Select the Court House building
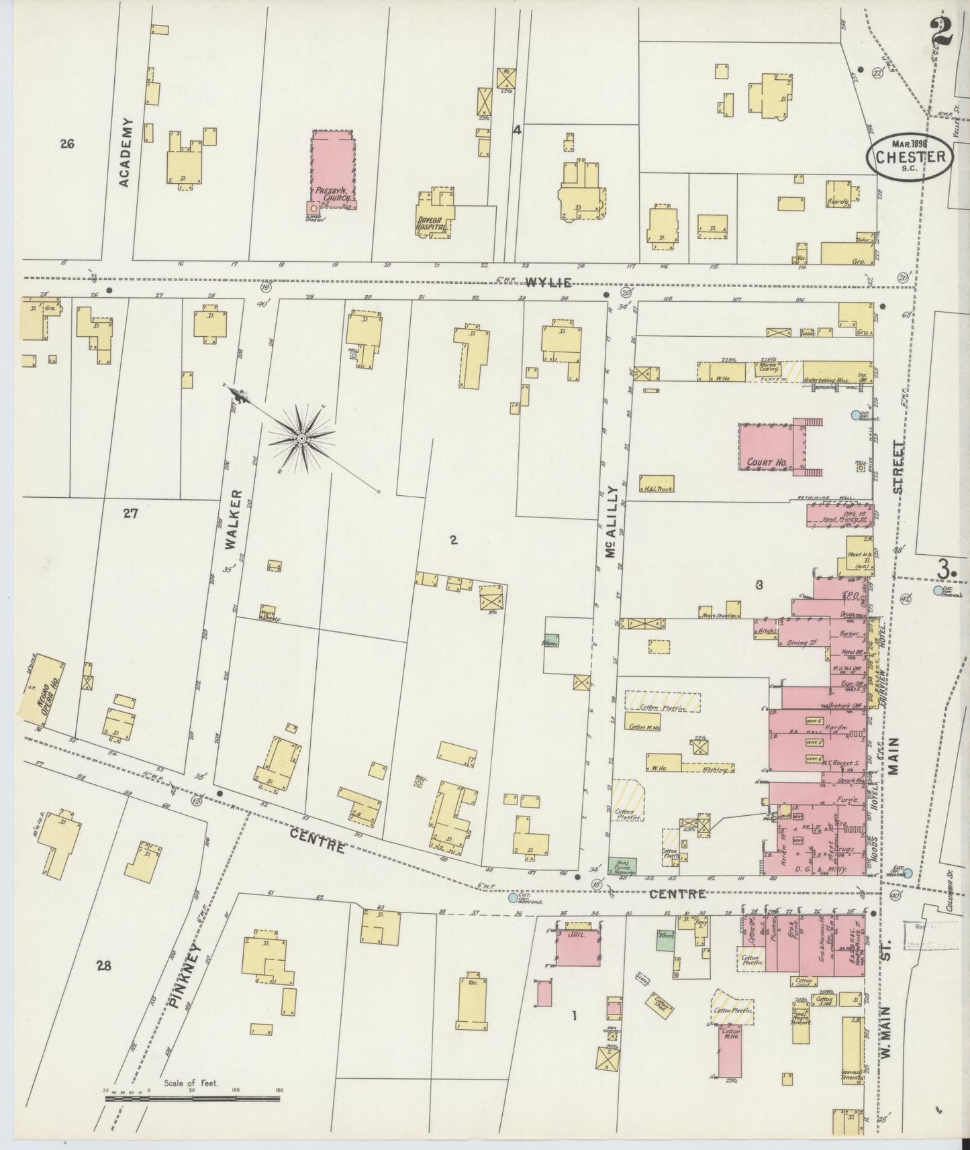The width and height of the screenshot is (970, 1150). [765, 446]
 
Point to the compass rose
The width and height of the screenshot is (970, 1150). [301, 438]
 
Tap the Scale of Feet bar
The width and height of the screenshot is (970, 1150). [192, 1098]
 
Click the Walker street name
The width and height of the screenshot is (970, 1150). [232, 530]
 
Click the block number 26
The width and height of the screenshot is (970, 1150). [66, 143]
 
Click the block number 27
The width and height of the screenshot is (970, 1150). [130, 514]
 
